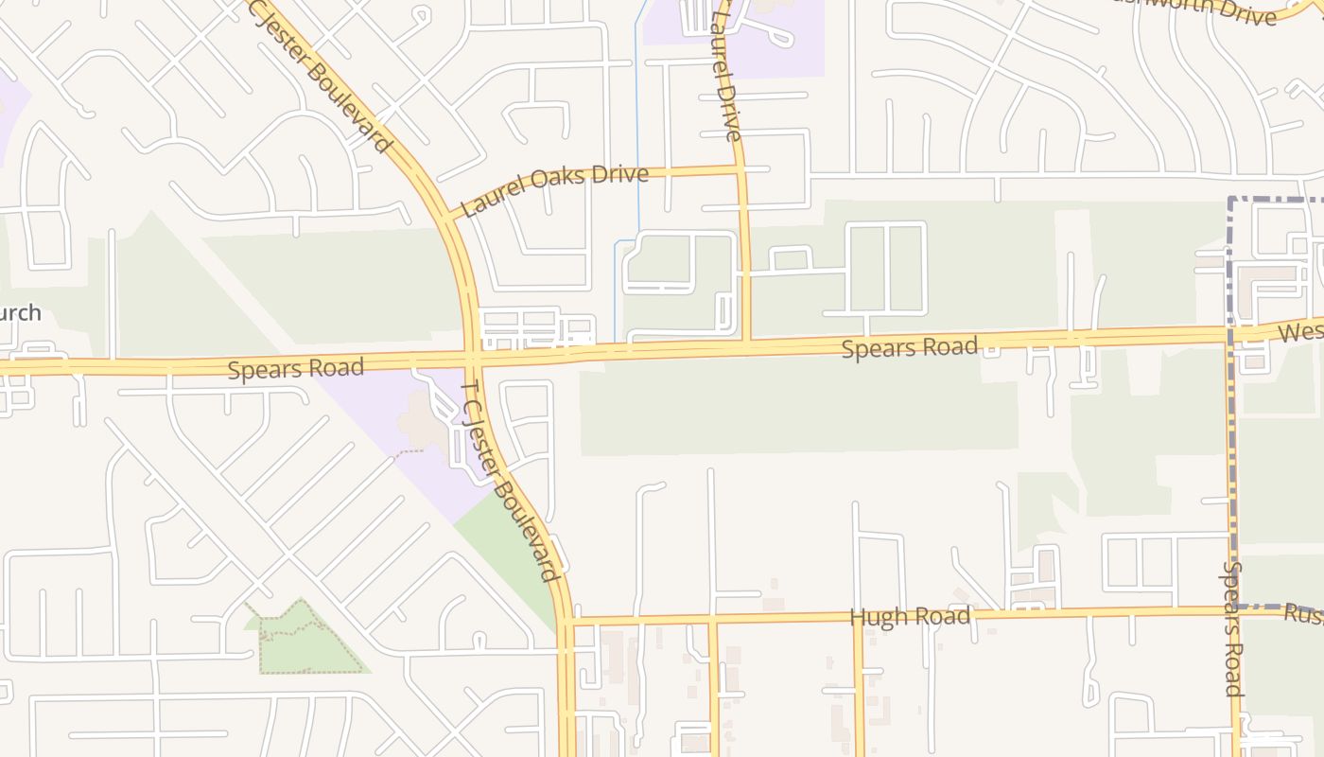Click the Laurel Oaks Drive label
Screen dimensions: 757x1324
pyautogui.click(x=555, y=189)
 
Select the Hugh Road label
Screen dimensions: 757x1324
pyautogui.click(x=910, y=617)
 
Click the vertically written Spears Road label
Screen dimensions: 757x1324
pyautogui.click(x=1232, y=628)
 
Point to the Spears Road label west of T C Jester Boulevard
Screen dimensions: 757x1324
pyautogui.click(x=295, y=367)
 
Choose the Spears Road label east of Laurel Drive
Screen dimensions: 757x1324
pyautogui.click(x=909, y=347)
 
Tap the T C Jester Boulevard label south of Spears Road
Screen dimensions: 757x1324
pyautogui.click(x=509, y=480)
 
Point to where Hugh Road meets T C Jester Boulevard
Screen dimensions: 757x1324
pyautogui.click(x=566, y=622)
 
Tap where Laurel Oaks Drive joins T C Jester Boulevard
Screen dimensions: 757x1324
pyautogui.click(x=448, y=218)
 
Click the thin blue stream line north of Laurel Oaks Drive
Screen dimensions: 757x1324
pyautogui.click(x=637, y=85)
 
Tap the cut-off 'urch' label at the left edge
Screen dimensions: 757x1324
pyautogui.click(x=20, y=313)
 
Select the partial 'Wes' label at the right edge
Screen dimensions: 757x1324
pyautogui.click(x=1300, y=332)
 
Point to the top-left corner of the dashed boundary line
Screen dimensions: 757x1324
pyautogui.click(x=1231, y=200)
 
